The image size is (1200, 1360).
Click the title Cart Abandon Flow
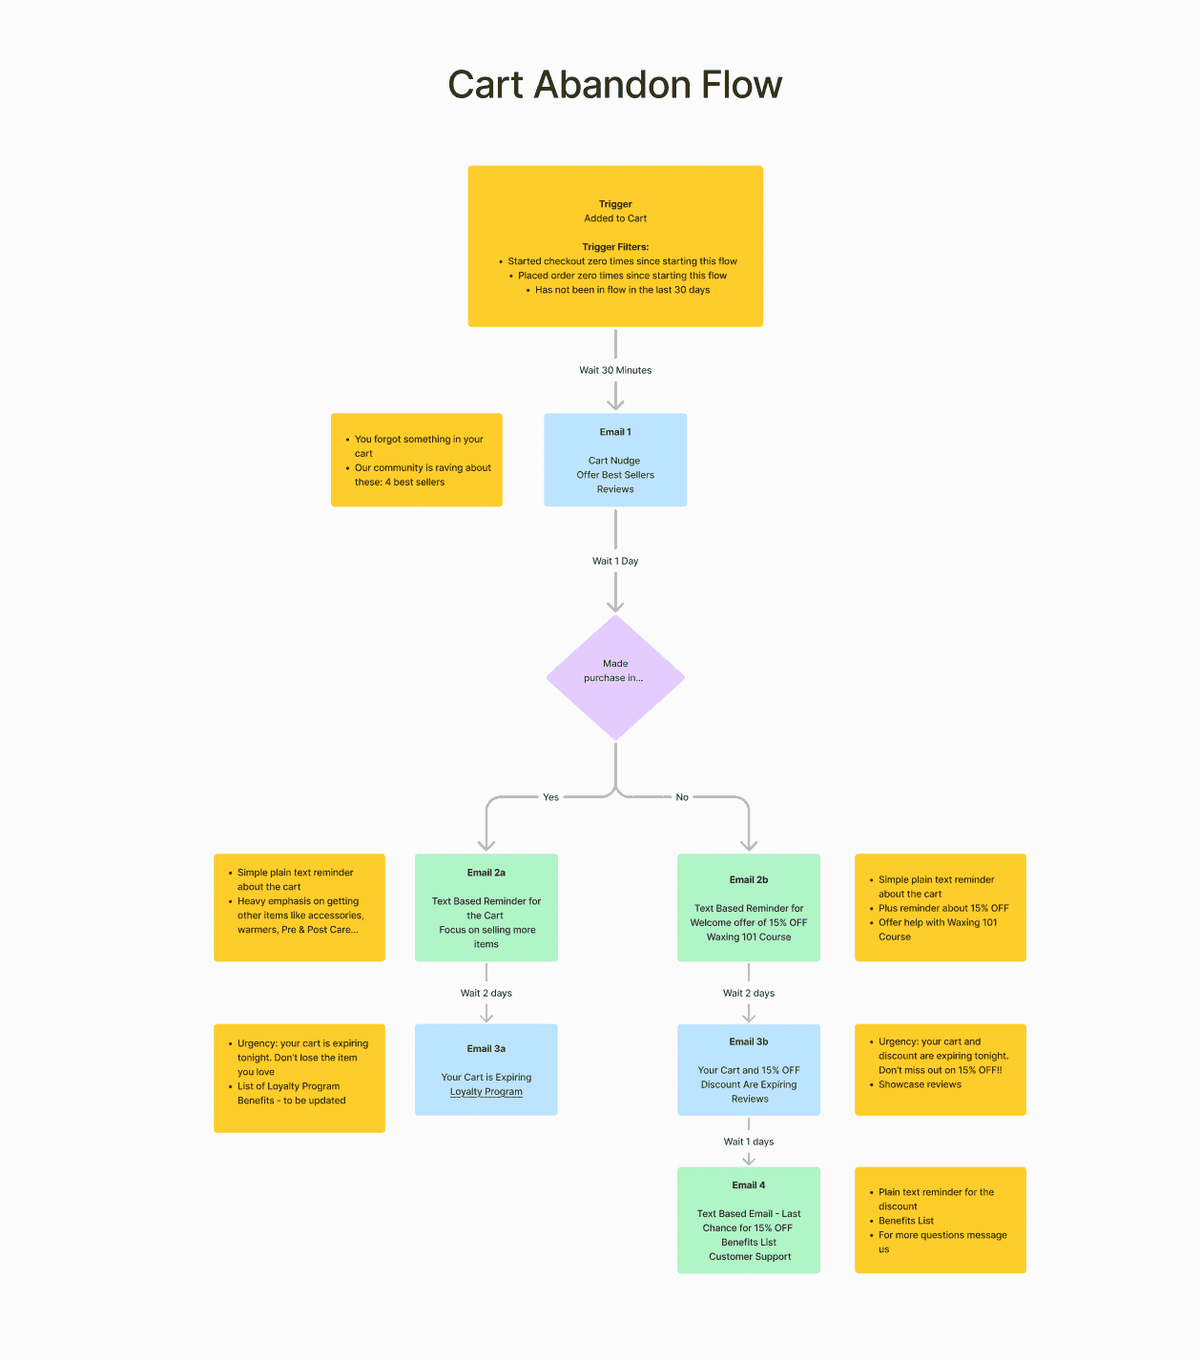[x=614, y=85]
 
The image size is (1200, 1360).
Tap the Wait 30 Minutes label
[x=615, y=370]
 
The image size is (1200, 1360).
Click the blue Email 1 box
[x=615, y=460]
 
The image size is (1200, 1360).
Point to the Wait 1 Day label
[x=615, y=561]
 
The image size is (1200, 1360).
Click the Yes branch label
[x=550, y=797]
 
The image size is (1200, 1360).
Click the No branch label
[x=682, y=797]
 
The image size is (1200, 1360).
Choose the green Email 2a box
[x=486, y=907]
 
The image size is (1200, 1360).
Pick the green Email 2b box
[x=749, y=907]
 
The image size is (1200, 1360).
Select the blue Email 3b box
[x=749, y=1069]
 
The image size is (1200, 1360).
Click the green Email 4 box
[x=749, y=1220]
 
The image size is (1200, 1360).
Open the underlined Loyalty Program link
[x=486, y=1092]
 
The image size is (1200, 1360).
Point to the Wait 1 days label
[x=749, y=1142]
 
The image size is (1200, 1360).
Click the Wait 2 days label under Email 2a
[x=486, y=993]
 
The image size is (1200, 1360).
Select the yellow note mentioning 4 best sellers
[x=417, y=460]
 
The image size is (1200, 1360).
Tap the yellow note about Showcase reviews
[x=940, y=1069]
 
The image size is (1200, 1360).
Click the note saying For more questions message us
[x=940, y=1220]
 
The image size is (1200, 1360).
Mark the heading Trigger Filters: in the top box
[x=615, y=247]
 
